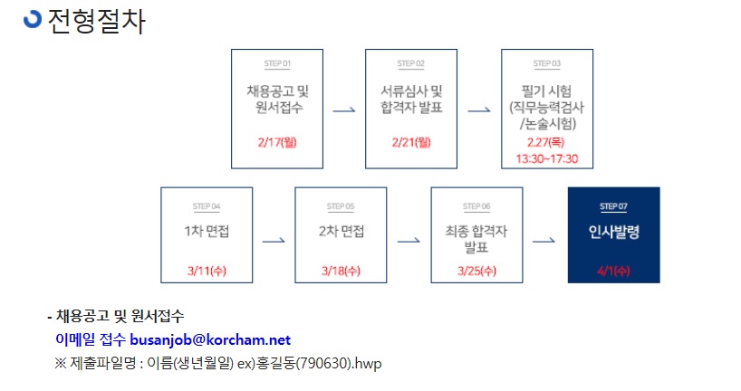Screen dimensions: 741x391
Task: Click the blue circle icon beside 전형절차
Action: click(33, 19)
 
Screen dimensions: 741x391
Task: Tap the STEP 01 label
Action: click(277, 63)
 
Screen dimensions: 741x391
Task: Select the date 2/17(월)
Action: click(277, 142)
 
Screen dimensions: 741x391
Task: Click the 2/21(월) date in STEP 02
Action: click(411, 142)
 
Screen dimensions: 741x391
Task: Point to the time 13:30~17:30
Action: click(547, 158)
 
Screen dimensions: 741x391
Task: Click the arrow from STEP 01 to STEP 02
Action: click(344, 110)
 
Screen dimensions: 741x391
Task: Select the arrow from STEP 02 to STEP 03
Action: click(479, 110)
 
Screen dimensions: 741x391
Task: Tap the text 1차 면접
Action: click(207, 231)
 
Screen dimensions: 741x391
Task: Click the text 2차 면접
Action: click(342, 231)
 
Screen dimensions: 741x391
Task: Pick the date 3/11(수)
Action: click(207, 271)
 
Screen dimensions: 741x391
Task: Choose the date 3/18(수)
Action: click(341, 271)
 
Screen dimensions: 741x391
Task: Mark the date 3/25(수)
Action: click(476, 271)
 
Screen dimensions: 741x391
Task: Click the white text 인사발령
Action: click(614, 232)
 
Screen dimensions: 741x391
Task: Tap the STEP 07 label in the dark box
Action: click(613, 206)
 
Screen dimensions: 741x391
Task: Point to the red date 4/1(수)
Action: click(613, 271)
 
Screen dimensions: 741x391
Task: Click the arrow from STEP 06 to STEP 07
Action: click(544, 241)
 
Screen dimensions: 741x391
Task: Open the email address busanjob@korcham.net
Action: click(210, 339)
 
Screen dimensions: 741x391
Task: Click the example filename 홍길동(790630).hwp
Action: click(318, 363)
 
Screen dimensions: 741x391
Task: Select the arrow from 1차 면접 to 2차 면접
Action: click(274, 241)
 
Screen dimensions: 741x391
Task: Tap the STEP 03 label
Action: click(547, 63)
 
